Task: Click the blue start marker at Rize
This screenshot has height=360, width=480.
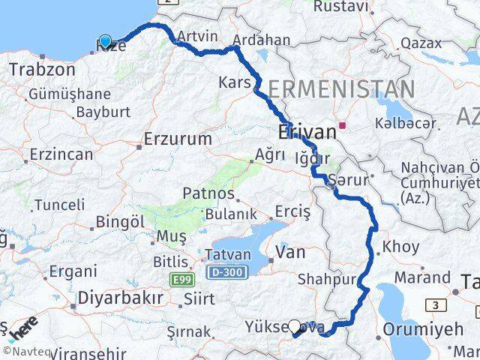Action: pos(105,42)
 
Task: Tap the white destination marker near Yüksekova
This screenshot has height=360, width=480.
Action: pos(295,327)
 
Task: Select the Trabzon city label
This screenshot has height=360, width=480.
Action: pos(42,70)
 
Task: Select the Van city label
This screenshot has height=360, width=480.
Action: pos(290,253)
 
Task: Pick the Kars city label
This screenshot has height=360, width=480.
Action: pos(234,81)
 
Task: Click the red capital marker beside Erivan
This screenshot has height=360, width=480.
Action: pos(343,125)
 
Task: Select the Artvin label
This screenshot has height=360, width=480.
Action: pos(198,37)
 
